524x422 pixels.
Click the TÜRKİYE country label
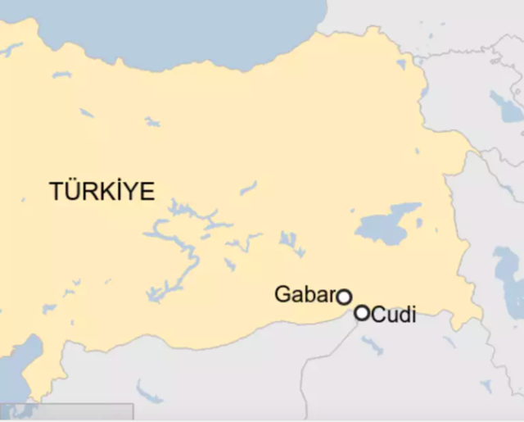click(x=102, y=191)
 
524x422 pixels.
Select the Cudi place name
click(x=394, y=313)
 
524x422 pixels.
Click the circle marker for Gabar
click(x=345, y=297)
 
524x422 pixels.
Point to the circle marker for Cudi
click(x=362, y=312)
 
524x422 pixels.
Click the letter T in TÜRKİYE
click(x=56, y=192)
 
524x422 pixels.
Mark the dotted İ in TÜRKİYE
click(x=117, y=191)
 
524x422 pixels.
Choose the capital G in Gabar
click(x=282, y=294)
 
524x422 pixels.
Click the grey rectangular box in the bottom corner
click(x=65, y=413)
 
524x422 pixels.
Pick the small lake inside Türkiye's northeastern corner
click(x=401, y=63)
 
